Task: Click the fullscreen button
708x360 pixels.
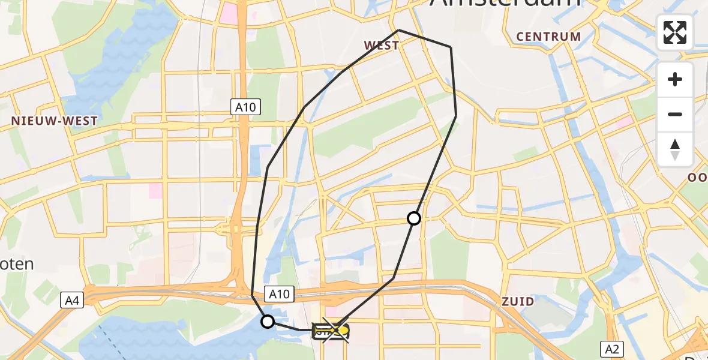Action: click(675, 32)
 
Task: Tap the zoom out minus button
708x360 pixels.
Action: click(675, 114)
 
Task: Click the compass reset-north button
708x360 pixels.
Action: click(675, 149)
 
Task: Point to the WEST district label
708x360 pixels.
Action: click(381, 46)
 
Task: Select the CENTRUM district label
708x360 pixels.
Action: click(548, 37)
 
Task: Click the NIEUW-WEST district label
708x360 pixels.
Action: click(54, 121)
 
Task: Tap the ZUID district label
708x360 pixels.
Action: click(517, 301)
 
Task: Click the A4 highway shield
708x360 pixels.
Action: click(71, 300)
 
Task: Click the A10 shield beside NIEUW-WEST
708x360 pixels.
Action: click(246, 108)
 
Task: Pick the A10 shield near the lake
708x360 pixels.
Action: click(279, 294)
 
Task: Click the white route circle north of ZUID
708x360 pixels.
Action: click(414, 218)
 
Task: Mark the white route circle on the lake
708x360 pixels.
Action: click(268, 322)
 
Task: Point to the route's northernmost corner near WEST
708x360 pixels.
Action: click(399, 30)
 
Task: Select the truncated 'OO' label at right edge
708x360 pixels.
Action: click(698, 178)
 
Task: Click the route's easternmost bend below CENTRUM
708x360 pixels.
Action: click(456, 115)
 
